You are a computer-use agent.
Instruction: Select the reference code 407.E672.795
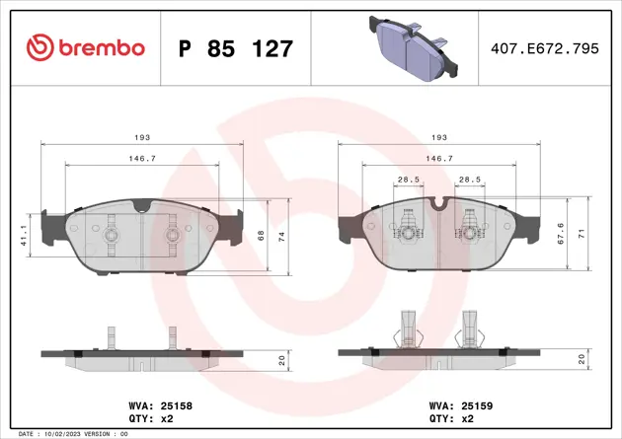[545, 47]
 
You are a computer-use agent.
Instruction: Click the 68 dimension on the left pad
[262, 236]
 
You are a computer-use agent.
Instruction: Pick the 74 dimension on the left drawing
[284, 236]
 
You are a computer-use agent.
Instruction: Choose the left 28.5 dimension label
[407, 180]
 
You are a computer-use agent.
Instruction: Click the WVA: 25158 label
[160, 404]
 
